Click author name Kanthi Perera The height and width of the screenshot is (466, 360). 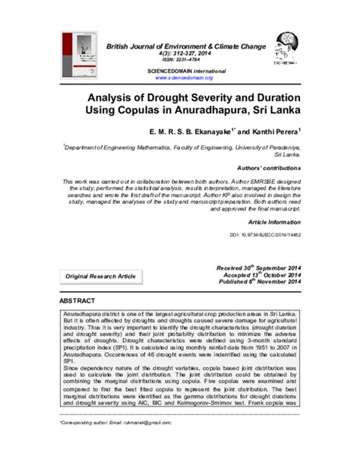point(270,131)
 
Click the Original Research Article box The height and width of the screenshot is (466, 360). point(100,275)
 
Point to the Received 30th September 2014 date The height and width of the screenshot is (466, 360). point(260,268)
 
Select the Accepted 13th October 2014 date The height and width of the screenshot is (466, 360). point(263,275)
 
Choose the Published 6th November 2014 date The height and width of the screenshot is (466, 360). point(260,283)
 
